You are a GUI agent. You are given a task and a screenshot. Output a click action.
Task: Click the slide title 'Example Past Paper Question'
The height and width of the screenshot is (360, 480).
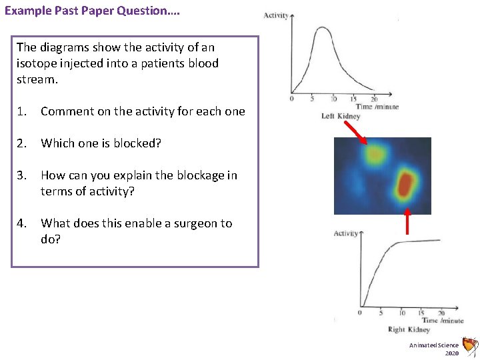92,11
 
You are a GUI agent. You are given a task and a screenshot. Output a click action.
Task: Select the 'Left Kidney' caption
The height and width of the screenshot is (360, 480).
341,116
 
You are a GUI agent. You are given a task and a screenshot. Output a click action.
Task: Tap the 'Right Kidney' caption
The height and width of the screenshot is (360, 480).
409,329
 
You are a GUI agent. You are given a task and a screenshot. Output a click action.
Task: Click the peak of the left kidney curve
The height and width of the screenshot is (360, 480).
323,28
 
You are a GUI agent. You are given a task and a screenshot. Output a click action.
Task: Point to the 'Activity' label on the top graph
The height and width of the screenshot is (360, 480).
275,15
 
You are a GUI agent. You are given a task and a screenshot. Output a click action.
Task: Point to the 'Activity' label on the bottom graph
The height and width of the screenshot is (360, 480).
345,233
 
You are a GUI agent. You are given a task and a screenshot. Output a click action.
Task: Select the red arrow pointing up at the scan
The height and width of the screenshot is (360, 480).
407,224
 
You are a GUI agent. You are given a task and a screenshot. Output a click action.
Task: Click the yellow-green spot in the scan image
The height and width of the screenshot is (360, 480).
375,155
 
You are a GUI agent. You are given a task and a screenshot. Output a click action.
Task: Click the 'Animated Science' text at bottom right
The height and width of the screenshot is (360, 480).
434,345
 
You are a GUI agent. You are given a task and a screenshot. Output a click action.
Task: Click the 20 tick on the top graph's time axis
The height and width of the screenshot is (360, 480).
374,99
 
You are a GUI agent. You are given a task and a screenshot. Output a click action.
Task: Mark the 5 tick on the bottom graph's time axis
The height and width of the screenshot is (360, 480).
380,313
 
